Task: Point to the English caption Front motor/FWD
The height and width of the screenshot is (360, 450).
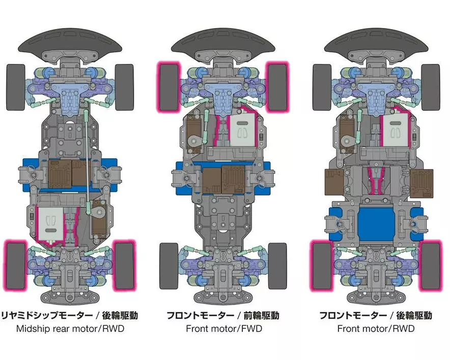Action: pos(223,328)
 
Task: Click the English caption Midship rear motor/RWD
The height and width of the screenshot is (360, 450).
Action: pos(70,328)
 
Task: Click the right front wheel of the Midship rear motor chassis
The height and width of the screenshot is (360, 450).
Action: pos(124,86)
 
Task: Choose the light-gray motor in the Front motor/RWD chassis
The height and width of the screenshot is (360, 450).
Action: pos(395,131)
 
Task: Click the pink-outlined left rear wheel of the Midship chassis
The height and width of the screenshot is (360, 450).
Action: pos(16,265)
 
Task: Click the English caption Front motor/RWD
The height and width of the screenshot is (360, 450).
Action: pos(376,328)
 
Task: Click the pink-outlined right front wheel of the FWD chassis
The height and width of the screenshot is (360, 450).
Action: pos(277,86)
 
